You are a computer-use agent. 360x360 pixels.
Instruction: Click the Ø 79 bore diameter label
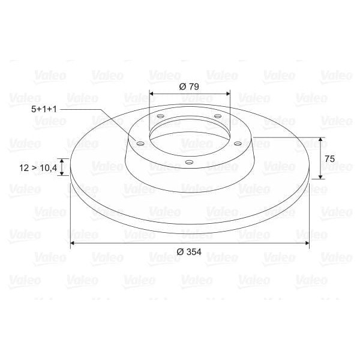pos(190,86)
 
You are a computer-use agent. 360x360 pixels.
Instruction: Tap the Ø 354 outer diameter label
pos(190,252)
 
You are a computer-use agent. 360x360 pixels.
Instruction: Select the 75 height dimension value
pos(329,158)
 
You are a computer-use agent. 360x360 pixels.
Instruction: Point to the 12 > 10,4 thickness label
pos(38,168)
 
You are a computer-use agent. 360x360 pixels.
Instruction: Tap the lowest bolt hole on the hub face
pos(188,162)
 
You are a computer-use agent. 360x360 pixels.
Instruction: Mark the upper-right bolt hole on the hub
pos(217,116)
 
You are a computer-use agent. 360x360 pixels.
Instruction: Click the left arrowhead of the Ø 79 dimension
pos(152,94)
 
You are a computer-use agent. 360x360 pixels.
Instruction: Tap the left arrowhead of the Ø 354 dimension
pos(73,243)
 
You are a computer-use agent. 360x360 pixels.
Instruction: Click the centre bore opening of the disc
pos(189,135)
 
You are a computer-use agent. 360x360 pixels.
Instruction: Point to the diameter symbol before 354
pos(180,252)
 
